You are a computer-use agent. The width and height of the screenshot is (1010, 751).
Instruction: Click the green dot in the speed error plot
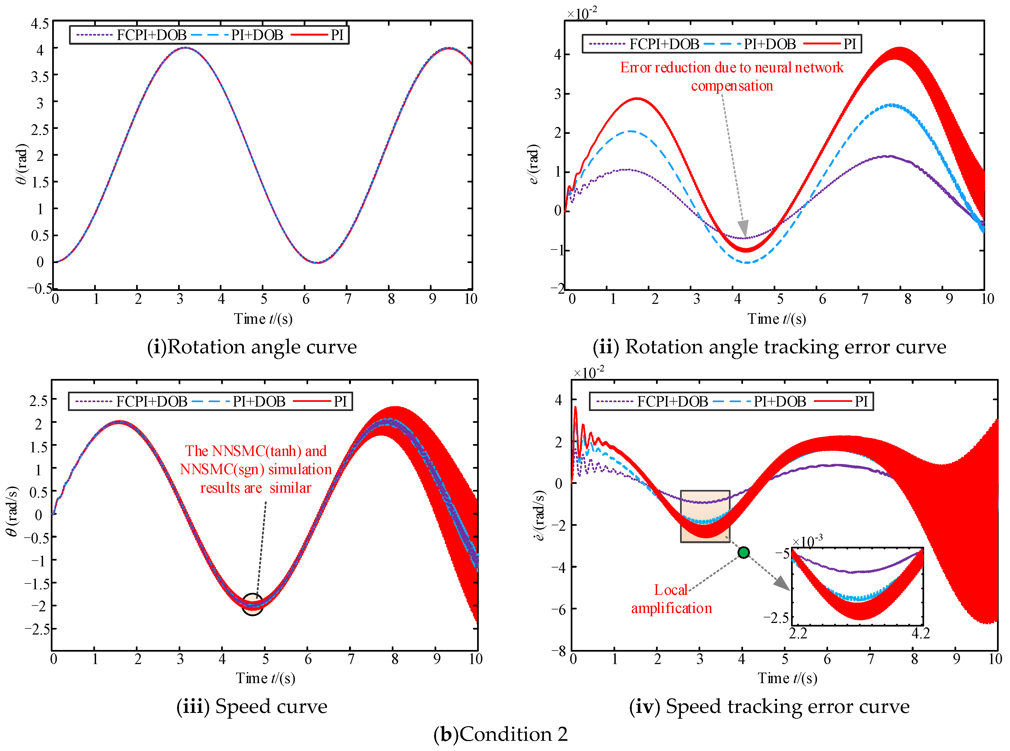(x=743, y=552)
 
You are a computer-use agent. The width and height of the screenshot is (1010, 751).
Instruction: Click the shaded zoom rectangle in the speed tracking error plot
(x=705, y=516)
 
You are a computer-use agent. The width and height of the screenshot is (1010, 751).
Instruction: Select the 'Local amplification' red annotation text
(x=671, y=599)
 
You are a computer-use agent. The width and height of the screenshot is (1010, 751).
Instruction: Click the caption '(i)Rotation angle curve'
(x=252, y=347)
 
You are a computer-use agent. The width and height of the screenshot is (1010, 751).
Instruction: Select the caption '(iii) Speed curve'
(x=252, y=706)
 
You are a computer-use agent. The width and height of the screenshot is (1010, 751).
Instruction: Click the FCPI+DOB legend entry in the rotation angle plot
(x=132, y=35)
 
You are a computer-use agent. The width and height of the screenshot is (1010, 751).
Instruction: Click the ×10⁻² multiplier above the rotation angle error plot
(x=582, y=14)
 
